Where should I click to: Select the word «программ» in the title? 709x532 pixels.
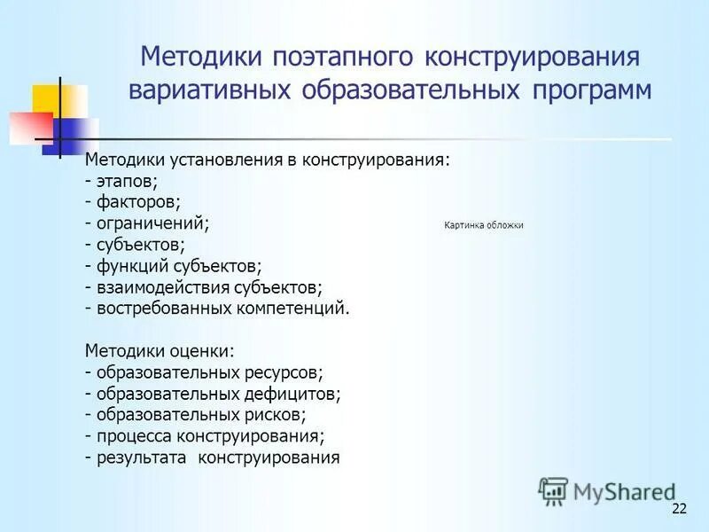click(585, 91)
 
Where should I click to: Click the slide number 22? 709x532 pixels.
click(680, 508)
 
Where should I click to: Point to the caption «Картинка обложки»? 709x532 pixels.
click(484, 225)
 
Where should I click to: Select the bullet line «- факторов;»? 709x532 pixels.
click(133, 202)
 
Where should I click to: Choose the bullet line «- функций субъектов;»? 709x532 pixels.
click(174, 266)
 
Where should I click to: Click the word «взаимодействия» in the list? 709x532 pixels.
click(163, 287)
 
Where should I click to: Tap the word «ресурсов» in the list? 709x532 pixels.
click(288, 372)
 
